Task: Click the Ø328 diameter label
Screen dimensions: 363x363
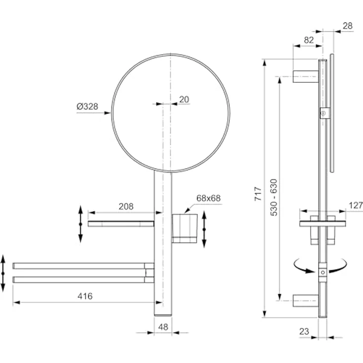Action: click(87, 107)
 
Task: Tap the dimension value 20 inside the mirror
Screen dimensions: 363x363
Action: click(184, 100)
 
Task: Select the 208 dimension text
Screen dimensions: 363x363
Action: click(126, 206)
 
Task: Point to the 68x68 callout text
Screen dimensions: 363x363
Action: click(208, 198)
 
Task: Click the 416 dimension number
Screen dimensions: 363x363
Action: click(85, 296)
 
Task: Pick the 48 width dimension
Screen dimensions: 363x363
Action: click(163, 327)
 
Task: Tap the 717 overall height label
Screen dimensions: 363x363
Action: click(258, 194)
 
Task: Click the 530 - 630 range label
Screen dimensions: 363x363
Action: click(274, 197)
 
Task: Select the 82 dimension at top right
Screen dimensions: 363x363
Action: click(309, 40)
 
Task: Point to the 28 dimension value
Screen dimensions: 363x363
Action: click(348, 26)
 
